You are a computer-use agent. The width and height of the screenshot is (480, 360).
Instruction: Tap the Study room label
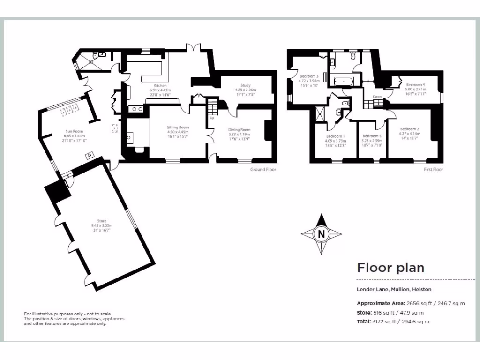pos(246,86)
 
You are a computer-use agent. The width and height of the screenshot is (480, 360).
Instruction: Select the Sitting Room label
pos(178,127)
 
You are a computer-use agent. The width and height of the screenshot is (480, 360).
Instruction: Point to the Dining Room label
pos(239,130)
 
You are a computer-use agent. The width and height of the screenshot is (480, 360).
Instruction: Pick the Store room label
pos(102,221)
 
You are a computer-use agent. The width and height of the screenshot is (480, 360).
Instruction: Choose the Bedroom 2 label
pos(410,129)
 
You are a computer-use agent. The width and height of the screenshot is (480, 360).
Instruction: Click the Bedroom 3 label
pos(309,76)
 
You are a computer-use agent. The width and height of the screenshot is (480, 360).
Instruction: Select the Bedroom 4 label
pos(415,85)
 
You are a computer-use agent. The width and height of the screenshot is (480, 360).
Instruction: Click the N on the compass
pos(321,233)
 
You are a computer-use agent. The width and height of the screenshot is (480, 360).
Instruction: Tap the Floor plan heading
pos(390,268)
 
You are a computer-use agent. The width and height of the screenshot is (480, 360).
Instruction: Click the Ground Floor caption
pos(263,169)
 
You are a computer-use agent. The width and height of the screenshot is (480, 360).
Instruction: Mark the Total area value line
pos(393,322)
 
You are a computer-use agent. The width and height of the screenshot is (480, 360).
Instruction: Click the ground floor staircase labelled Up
pos(213,109)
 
